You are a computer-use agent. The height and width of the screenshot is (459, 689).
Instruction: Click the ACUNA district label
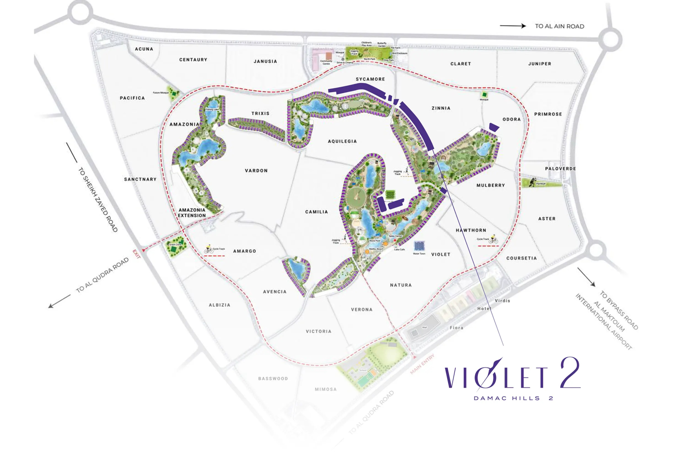point(144,49)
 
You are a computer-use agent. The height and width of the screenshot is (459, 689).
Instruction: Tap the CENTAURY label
point(193,60)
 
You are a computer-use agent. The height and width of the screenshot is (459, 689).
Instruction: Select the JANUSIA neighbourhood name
point(265,61)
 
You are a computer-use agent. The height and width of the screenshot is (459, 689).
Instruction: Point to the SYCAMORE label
point(370,79)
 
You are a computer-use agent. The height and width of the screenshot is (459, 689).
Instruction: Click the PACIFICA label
point(132,98)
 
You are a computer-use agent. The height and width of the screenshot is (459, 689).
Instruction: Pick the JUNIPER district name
point(540,64)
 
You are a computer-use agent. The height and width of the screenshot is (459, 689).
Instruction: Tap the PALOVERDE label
point(560,169)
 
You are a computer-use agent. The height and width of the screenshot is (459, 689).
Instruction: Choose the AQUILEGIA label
point(342,141)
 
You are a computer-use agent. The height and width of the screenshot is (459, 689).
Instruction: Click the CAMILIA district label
point(317,212)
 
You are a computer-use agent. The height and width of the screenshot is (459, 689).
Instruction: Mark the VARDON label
point(256,170)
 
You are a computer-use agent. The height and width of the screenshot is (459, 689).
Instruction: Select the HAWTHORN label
point(471,230)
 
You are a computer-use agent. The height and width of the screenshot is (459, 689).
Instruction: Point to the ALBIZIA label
point(219,305)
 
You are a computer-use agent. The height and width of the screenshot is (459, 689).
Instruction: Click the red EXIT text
point(137,254)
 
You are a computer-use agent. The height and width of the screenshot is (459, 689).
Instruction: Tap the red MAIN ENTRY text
point(422,364)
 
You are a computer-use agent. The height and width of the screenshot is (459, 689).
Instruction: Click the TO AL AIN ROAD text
point(559,26)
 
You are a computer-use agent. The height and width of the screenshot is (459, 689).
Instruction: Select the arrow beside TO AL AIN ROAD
point(513,26)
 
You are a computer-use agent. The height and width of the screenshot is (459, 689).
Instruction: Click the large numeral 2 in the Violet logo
point(570,373)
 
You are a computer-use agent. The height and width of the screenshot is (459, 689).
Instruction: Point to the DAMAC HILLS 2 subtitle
point(513,398)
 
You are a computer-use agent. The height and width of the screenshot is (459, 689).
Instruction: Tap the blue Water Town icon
point(419,246)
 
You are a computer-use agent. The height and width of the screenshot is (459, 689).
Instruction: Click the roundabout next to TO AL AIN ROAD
point(610,40)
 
